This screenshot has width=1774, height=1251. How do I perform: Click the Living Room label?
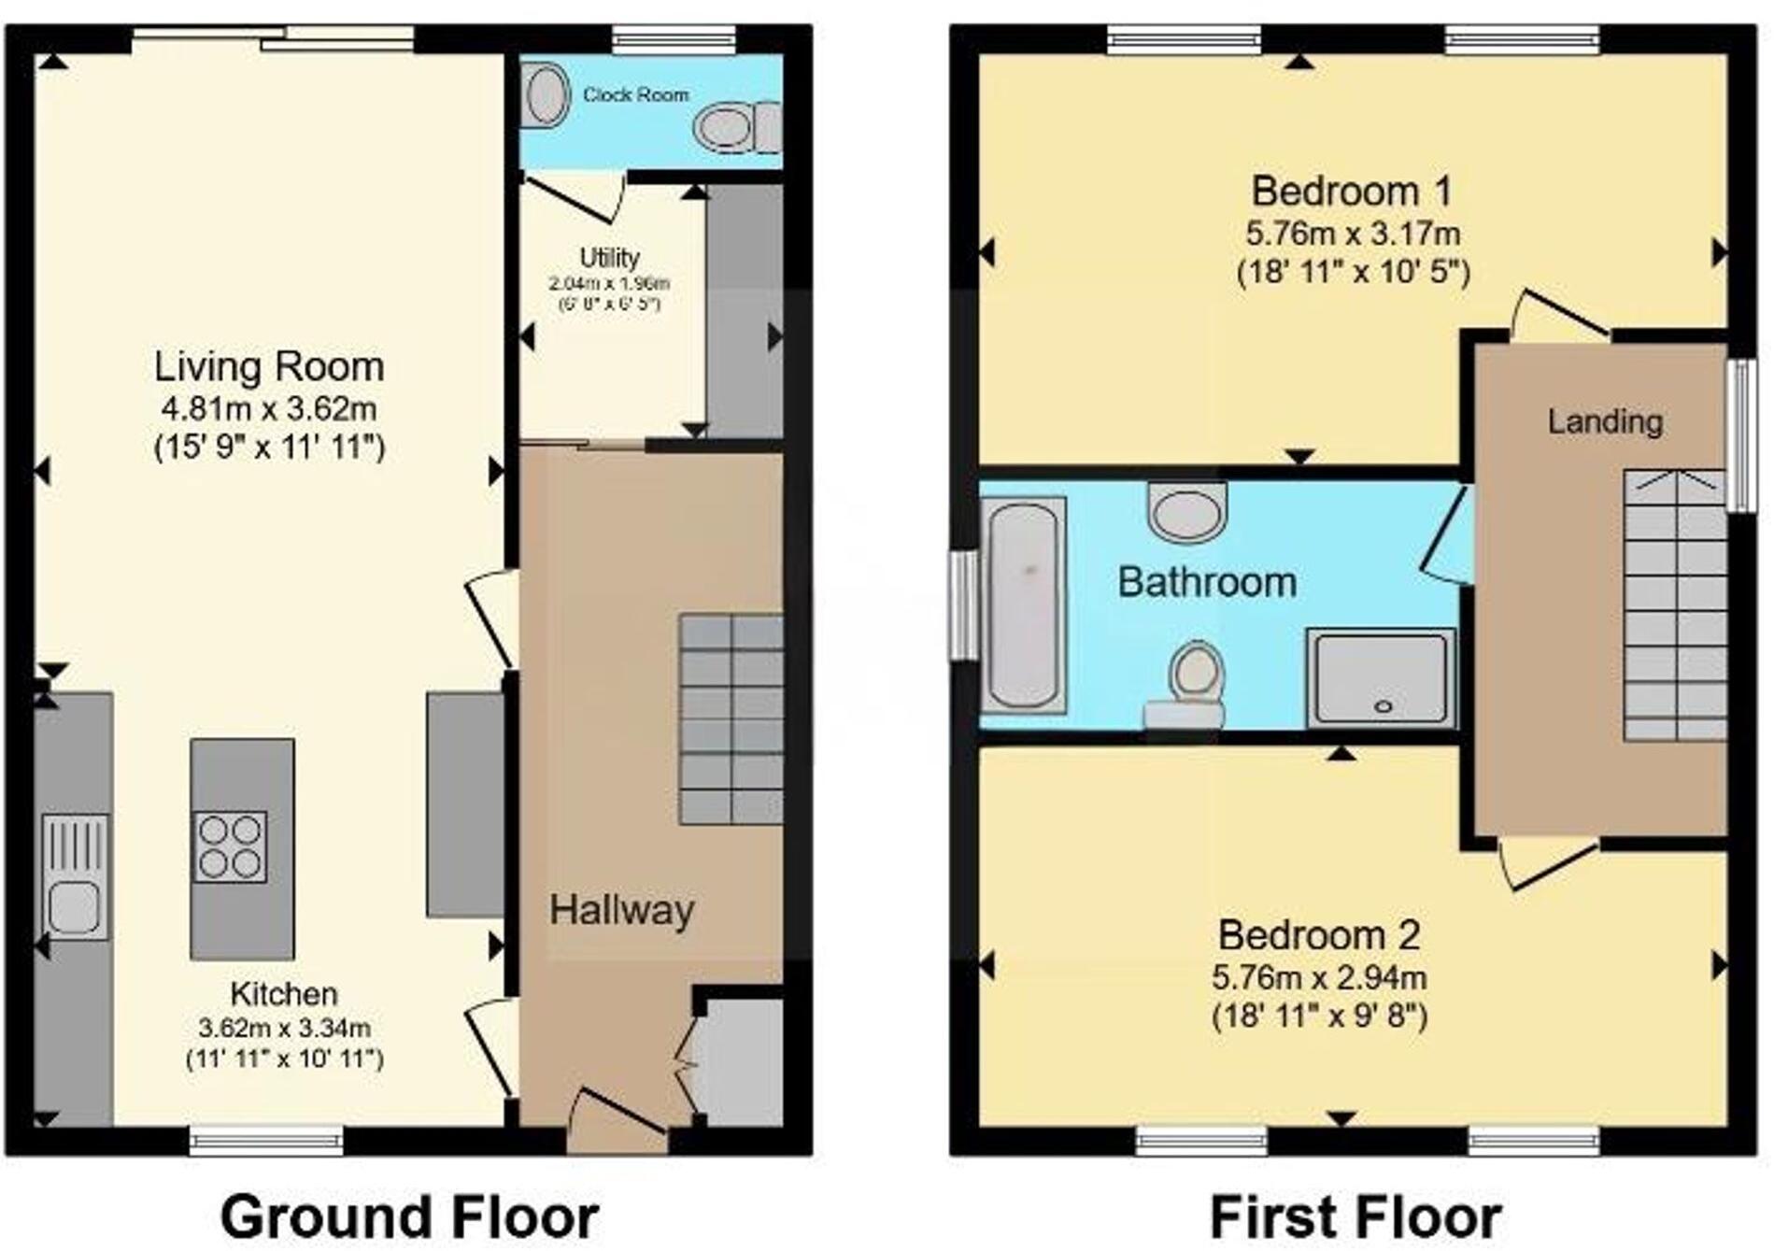(269, 366)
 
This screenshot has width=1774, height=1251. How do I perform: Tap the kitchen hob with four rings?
(230, 846)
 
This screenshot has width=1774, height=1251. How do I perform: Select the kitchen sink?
(75, 876)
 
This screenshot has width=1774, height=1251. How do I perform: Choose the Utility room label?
(609, 257)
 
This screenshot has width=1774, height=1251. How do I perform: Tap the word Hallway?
(621, 910)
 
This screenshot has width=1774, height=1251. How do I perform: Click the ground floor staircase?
(731, 718)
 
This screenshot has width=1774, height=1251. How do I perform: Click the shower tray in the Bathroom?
(1382, 678)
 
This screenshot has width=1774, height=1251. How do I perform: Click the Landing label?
(1605, 421)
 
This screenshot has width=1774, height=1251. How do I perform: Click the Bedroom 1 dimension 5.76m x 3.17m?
(1354, 233)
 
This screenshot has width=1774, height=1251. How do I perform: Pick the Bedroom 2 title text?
(1319, 934)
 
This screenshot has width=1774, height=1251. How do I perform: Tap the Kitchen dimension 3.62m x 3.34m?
(284, 1028)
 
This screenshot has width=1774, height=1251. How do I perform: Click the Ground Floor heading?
(409, 1217)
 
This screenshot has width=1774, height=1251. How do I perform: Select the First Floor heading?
(1355, 1217)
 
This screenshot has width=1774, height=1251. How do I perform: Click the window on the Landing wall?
(1741, 435)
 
